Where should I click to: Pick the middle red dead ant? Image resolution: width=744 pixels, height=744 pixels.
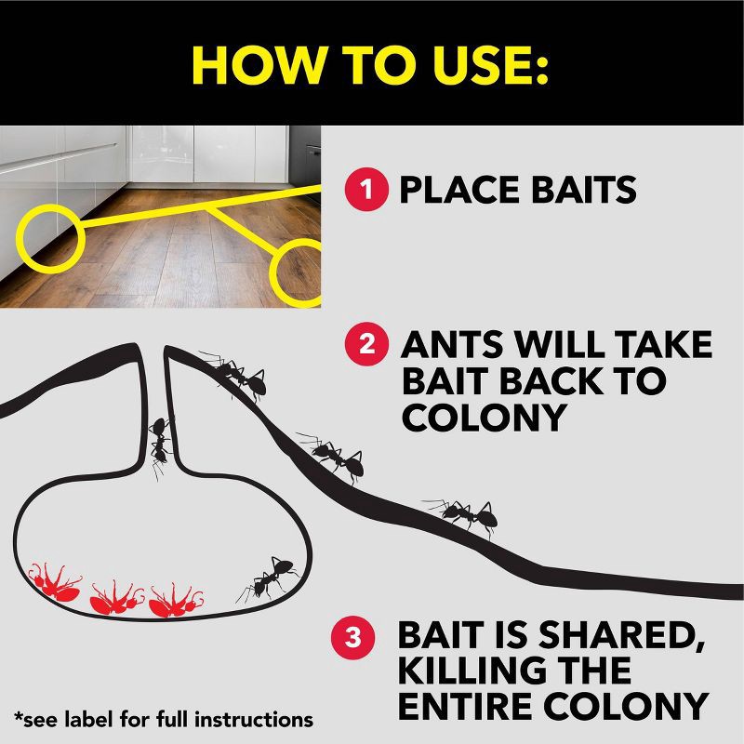tap(115, 597)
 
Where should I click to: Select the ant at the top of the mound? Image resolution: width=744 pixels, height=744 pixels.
tap(238, 374)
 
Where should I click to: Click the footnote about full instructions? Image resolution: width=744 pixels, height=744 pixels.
tap(163, 719)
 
